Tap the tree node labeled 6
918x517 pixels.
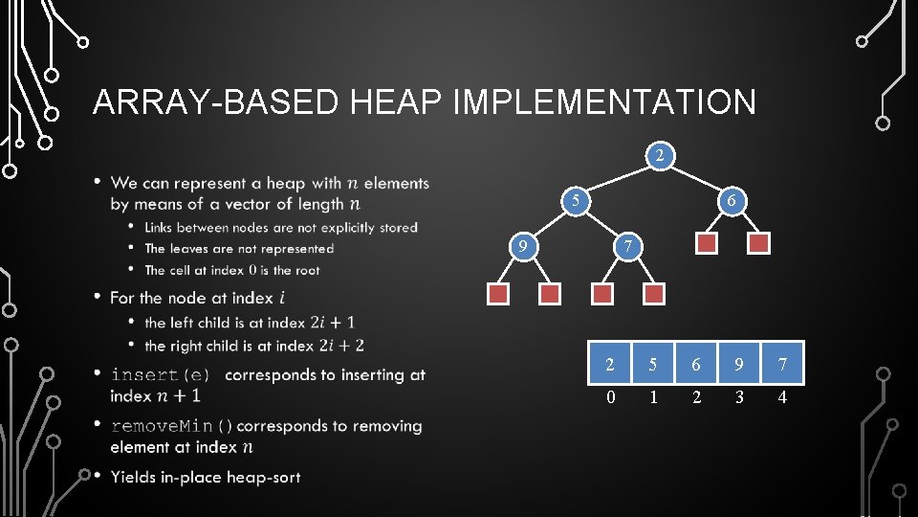pos(732,201)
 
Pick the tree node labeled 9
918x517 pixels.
pos(522,248)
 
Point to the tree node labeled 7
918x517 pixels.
pos(626,248)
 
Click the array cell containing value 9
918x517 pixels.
pos(739,364)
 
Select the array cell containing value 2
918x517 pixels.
pos(610,364)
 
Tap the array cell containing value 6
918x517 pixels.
pos(696,364)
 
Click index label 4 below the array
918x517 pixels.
pos(782,396)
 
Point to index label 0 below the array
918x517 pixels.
pos(610,396)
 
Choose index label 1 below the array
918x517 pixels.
pos(653,396)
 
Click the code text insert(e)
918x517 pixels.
pos(160,374)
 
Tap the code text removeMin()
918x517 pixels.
pos(172,426)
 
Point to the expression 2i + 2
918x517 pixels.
pos(340,345)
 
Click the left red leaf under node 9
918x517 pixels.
pos(498,294)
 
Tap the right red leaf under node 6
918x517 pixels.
pos(758,243)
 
